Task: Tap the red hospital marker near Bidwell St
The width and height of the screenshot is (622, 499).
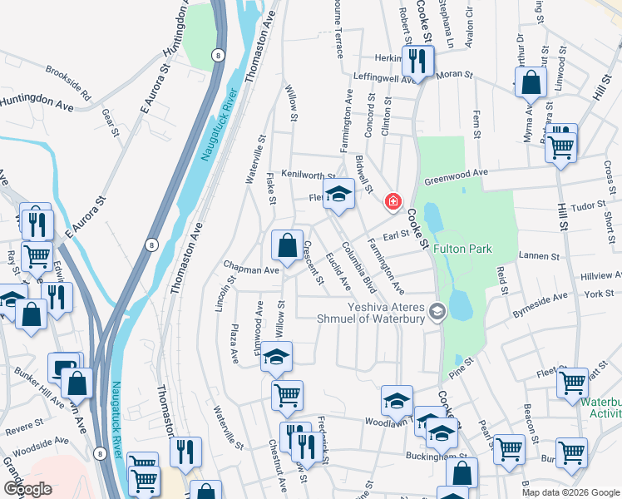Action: point(392,202)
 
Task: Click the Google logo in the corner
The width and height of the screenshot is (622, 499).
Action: point(27,488)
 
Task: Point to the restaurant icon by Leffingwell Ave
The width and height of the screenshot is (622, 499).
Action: point(417,60)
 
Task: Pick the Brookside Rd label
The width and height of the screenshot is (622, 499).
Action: point(68,84)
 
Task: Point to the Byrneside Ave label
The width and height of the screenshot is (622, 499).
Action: point(540,300)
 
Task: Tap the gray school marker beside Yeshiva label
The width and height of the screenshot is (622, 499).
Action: point(438,312)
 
